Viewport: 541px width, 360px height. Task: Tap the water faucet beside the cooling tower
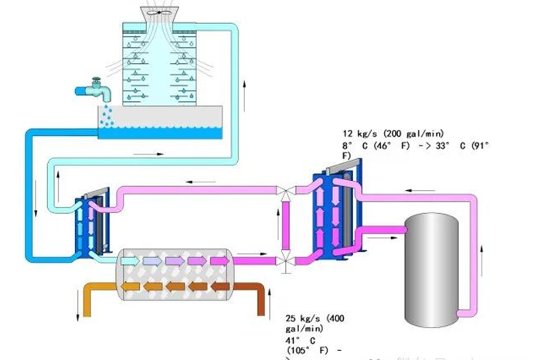point(93,89)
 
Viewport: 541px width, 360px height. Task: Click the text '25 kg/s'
point(302,318)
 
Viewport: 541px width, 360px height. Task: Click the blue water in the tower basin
point(171,134)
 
